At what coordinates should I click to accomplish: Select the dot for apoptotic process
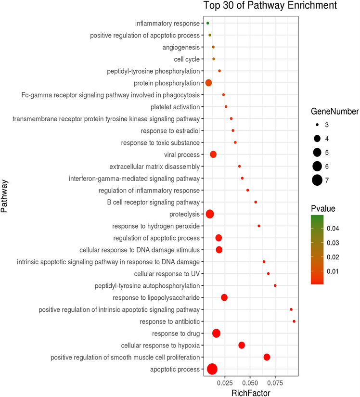[x=212, y=369]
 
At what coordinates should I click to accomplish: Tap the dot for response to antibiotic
[x=294, y=321]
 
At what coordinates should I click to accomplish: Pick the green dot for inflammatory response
[x=207, y=23]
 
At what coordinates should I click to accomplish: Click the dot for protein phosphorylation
[x=208, y=83]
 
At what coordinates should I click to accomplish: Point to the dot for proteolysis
[x=209, y=214]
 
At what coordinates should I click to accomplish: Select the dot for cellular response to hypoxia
[x=242, y=345]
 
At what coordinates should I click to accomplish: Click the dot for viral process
[x=213, y=154]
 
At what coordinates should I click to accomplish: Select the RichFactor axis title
[x=251, y=393]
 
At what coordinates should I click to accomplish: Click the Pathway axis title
[x=5, y=196]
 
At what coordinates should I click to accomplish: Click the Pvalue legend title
[x=323, y=208]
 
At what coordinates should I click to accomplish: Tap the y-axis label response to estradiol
[x=170, y=130]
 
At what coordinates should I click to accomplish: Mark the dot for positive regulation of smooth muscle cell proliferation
[x=267, y=357]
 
